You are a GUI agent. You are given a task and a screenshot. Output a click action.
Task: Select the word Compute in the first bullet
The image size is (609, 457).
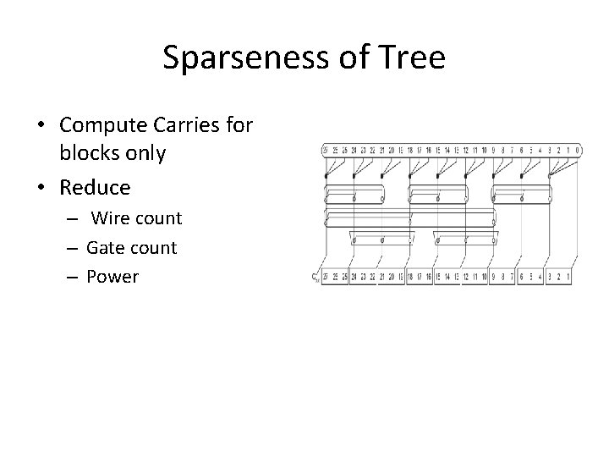pos(101,125)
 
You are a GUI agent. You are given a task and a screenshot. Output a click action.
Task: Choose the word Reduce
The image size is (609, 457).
pos(96,186)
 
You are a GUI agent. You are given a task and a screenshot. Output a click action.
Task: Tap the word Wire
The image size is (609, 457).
pos(111,218)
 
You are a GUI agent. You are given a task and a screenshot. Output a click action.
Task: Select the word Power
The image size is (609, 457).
pos(112,277)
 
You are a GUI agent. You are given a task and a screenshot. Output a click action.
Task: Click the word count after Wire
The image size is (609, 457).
pos(158,218)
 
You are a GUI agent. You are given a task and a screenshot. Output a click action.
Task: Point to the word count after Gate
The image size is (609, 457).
pos(150,248)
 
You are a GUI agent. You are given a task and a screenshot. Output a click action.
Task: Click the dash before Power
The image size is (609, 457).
pos(74,278)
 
